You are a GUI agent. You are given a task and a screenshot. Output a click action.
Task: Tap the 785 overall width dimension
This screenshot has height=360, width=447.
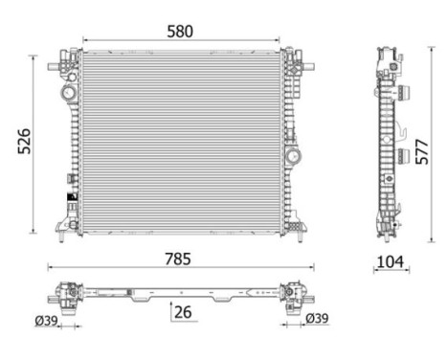tap(177, 258)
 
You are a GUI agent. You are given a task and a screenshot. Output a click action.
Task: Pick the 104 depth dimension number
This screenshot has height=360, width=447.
tap(390, 259)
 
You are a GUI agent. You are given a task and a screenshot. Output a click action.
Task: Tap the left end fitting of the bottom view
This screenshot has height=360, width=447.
tap(68, 292)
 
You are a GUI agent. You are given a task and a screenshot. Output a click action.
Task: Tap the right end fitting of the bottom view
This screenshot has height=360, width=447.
tap(292, 292)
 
